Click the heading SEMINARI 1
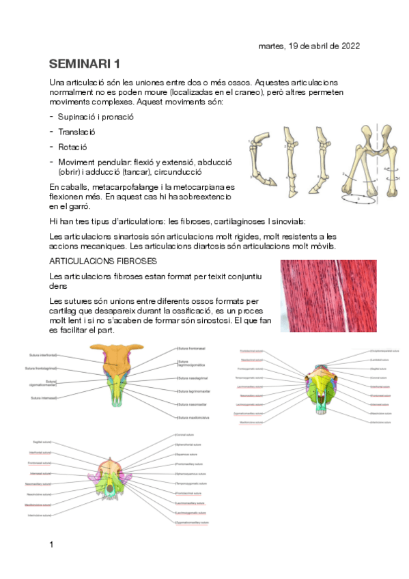(85, 64)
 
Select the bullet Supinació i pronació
(96, 117)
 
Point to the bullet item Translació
(76, 132)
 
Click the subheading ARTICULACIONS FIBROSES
(104, 262)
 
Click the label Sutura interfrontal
(42, 355)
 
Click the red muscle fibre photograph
(319, 296)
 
